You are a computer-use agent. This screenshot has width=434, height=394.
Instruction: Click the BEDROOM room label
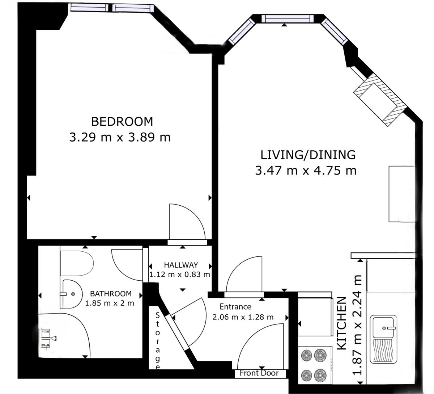[x=122, y=122]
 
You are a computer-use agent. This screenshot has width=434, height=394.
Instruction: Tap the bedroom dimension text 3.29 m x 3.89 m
[x=120, y=137]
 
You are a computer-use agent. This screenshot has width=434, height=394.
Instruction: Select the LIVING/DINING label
[x=308, y=155]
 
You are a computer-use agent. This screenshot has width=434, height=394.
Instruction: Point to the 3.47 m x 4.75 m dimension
[x=306, y=170]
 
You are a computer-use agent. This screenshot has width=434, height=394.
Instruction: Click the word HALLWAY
[x=181, y=265]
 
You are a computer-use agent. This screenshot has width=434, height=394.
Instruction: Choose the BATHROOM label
[x=111, y=294]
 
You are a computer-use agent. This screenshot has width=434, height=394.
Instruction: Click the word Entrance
[x=235, y=307]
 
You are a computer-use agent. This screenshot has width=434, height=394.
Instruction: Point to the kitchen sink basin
[x=383, y=328]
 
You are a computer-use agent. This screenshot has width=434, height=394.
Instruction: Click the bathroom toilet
[x=77, y=263]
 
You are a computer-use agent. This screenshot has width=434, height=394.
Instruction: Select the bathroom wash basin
[x=71, y=294]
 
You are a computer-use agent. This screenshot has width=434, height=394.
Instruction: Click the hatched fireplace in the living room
[x=380, y=100]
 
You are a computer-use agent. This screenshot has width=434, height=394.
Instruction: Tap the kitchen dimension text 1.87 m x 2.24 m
[x=357, y=325]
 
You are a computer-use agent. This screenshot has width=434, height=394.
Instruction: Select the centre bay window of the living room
[x=288, y=19]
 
